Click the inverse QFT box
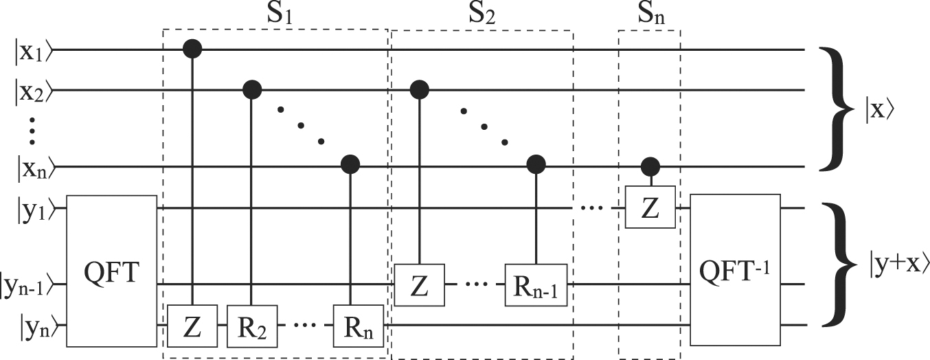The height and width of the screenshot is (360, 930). pyautogui.click(x=735, y=269)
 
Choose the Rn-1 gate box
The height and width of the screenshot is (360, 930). pyautogui.click(x=536, y=284)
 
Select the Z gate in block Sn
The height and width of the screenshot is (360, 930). pyautogui.click(x=649, y=207)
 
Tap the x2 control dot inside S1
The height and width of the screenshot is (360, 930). pyautogui.click(x=253, y=89)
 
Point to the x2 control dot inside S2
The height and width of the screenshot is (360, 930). pyautogui.click(x=418, y=89)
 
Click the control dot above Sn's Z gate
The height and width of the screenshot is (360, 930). pyautogui.click(x=649, y=166)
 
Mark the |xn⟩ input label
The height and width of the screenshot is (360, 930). pyautogui.click(x=33, y=167)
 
